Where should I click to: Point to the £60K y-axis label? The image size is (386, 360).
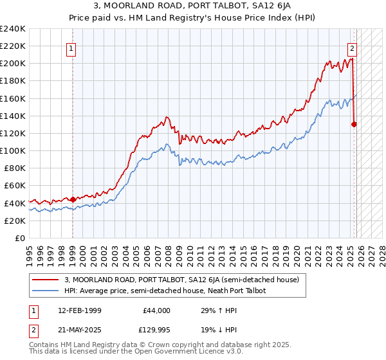coord(14,186)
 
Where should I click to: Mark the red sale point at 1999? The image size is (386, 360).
coord(73,199)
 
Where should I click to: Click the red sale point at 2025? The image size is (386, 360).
coord(354,125)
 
